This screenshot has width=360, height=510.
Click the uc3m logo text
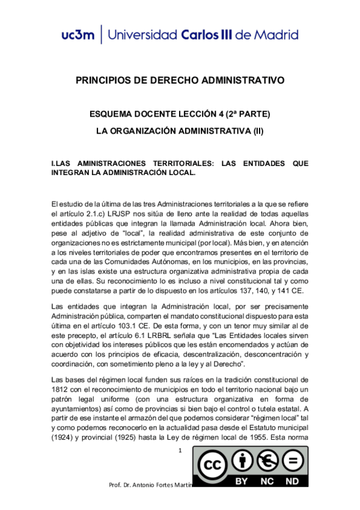[x=78, y=34]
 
